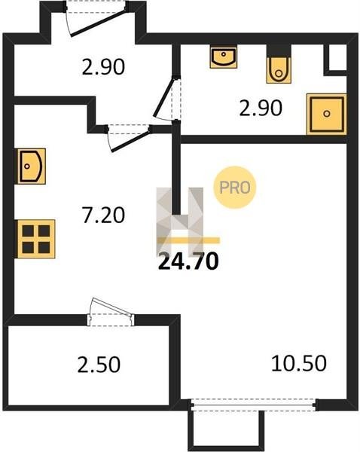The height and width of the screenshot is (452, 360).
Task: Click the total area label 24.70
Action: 188,261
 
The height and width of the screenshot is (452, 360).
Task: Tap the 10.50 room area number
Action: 299,363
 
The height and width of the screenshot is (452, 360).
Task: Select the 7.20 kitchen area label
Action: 103,215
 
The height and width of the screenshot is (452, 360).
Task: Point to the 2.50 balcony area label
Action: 99,365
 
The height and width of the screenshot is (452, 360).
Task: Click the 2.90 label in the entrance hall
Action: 103,66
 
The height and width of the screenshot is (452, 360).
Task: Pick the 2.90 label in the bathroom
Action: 261,108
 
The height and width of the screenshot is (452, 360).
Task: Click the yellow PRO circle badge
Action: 235,188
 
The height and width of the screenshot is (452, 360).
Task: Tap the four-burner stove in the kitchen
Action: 36,239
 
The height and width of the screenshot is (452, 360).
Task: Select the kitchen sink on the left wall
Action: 32,166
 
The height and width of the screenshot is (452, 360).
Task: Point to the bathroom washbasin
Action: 224,56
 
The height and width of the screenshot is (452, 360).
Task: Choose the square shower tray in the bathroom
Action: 326,114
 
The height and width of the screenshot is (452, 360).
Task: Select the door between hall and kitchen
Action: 129,138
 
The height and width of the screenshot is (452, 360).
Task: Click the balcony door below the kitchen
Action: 111,312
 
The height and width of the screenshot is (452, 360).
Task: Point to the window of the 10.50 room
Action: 254,405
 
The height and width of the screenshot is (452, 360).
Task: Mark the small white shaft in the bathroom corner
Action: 337,57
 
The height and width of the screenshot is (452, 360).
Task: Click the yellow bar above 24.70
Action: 189,240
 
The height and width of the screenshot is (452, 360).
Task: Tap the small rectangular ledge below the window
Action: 226,429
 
